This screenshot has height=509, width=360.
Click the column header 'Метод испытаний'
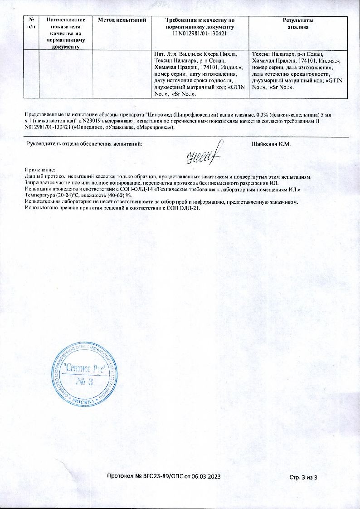coord(122,20)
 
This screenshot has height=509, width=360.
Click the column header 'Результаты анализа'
coord(298,24)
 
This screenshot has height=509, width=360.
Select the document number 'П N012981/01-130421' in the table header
coord(199,34)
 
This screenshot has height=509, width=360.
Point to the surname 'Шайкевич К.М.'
coord(271,144)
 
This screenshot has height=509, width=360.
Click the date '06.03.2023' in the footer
coord(206,476)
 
